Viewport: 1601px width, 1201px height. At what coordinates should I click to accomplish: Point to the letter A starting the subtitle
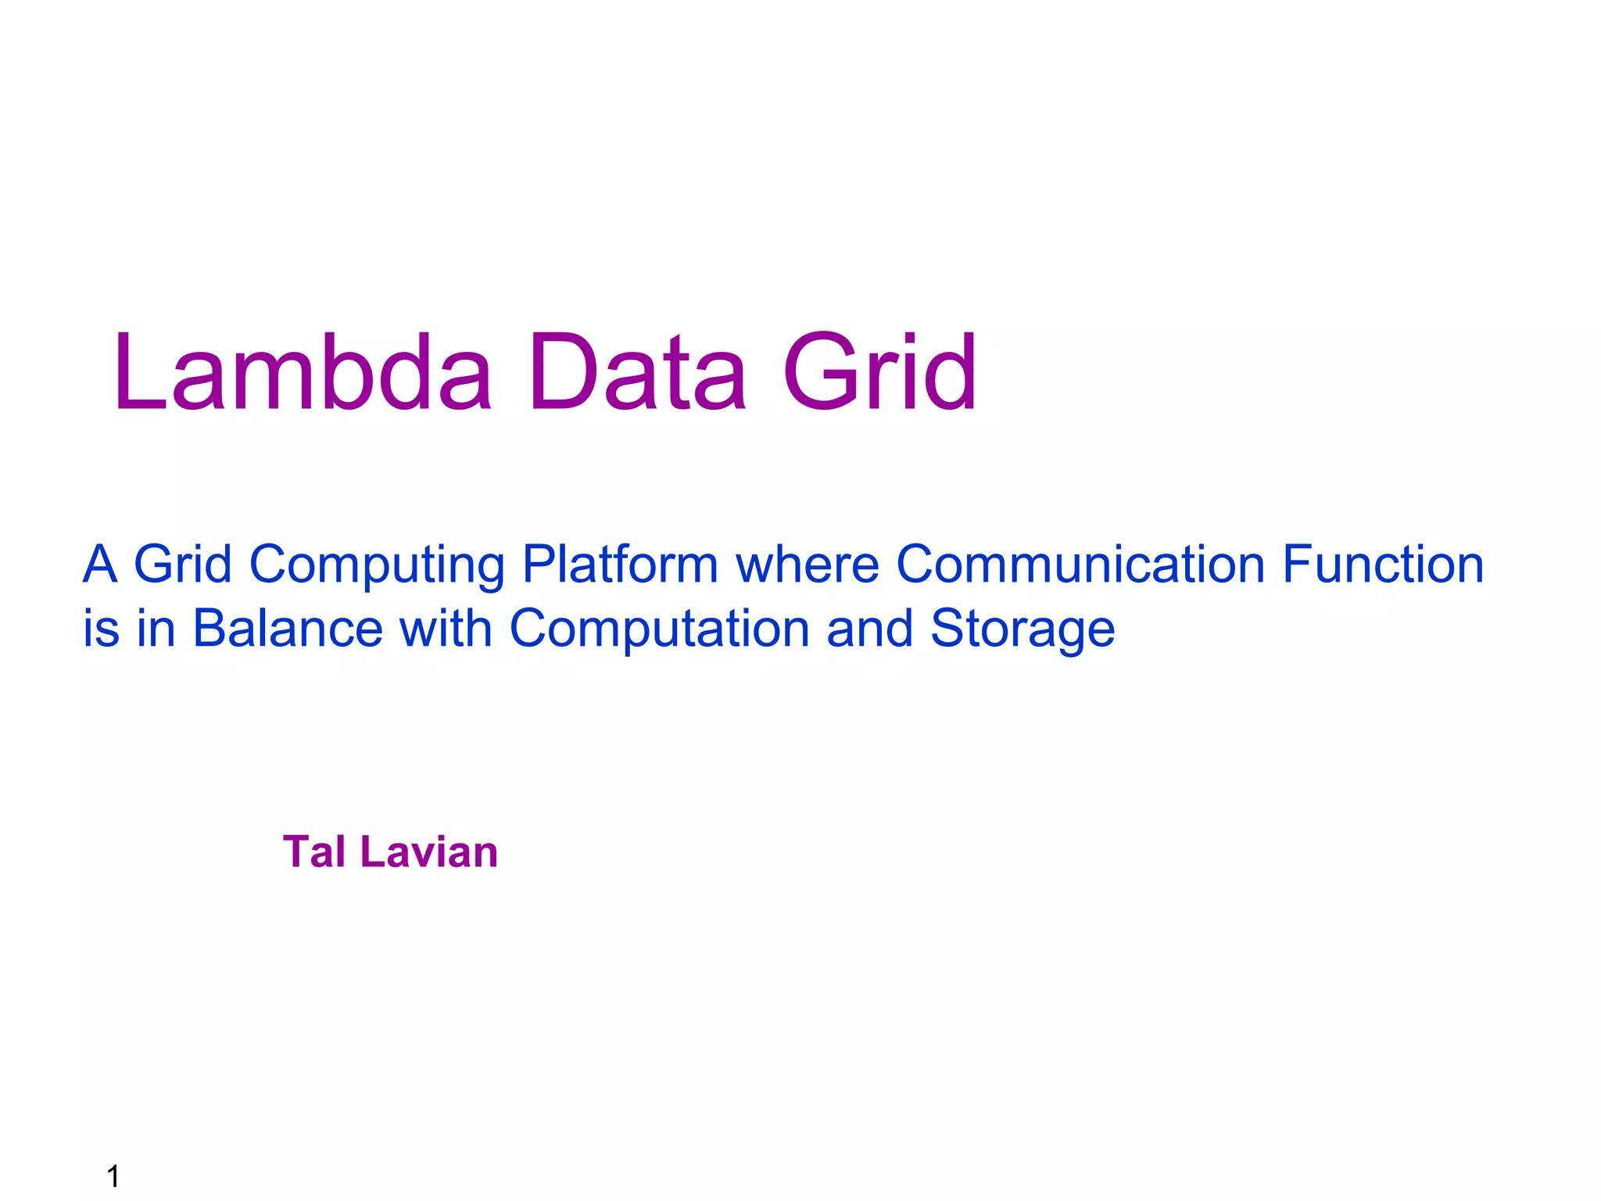(x=100, y=565)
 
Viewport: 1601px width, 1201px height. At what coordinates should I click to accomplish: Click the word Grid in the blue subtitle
(x=183, y=565)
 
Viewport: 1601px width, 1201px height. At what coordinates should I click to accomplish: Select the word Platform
(x=620, y=565)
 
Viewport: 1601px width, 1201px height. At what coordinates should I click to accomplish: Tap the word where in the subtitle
(x=808, y=565)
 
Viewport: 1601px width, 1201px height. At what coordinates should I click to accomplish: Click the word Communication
(x=1080, y=565)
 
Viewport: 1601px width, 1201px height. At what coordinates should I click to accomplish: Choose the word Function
(x=1383, y=565)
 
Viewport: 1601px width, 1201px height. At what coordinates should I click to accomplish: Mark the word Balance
(x=288, y=629)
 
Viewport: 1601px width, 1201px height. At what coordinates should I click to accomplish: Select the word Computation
(x=659, y=629)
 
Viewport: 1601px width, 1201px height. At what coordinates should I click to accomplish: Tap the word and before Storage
(x=869, y=629)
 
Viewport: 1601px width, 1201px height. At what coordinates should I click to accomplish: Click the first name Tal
(x=313, y=851)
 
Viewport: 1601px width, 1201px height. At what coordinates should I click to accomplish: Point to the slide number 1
(x=113, y=1176)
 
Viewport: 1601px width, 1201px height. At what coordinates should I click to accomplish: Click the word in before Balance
(x=156, y=629)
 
